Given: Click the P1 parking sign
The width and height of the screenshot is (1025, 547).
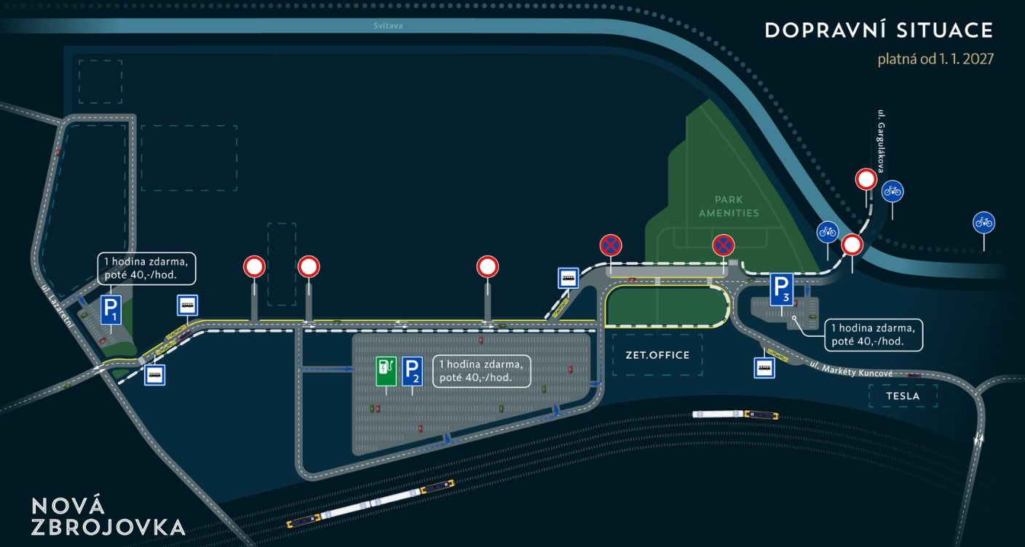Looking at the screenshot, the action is tap(111, 310).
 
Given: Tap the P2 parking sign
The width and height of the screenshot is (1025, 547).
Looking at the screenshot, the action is tap(412, 372).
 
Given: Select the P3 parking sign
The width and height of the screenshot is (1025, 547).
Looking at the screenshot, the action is tap(781, 290).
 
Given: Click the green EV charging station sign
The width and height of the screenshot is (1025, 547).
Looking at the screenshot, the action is tap(386, 372).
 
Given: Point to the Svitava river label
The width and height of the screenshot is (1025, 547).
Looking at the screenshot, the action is tap(387, 25).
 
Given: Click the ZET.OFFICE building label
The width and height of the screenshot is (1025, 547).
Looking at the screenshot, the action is tap(657, 355).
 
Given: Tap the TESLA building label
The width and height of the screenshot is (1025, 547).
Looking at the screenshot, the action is tap(903, 396).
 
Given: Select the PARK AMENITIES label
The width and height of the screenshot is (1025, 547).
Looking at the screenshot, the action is tap(729, 207).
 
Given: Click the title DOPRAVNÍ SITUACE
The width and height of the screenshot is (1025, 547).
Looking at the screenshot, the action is tap(879, 31).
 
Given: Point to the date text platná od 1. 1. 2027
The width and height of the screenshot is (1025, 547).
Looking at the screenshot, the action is tap(935, 59).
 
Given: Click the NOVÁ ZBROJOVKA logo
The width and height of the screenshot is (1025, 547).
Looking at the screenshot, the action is tap(108, 516).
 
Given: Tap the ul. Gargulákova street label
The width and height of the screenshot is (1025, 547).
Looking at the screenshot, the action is tap(881, 141).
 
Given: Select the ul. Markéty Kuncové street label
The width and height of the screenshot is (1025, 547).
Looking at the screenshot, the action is tap(851, 369).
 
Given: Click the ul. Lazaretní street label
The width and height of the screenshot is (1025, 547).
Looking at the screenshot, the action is tap(58, 306).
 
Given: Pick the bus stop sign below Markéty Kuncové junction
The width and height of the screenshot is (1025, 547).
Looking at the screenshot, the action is tap(764, 368).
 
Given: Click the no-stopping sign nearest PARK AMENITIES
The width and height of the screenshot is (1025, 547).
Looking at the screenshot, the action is tap(724, 246).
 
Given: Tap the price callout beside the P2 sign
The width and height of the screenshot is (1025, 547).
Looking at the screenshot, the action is tap(481, 371).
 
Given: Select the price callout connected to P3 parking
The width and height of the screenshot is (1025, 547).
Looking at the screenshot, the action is tap(874, 335).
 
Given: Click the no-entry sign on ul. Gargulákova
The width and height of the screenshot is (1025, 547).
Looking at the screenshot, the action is tap(866, 179).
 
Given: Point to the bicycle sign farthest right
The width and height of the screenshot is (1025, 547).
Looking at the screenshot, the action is tap(984, 223).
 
